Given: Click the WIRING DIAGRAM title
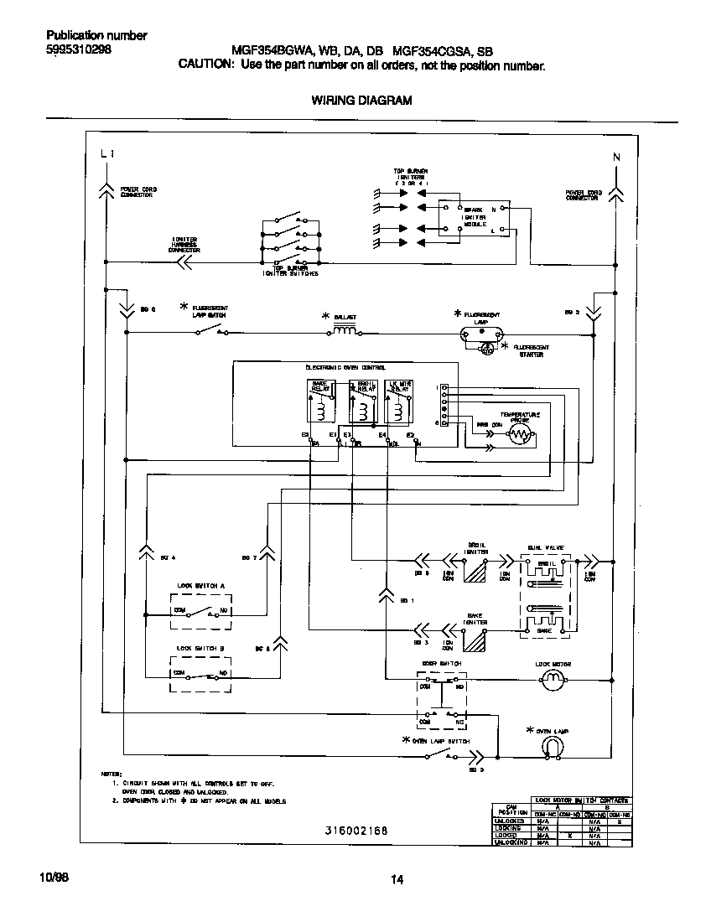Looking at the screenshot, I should click(x=361, y=101).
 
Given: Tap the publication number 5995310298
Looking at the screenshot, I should click(x=78, y=49).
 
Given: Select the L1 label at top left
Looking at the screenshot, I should click(x=106, y=154).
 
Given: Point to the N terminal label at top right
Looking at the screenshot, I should click(x=616, y=157).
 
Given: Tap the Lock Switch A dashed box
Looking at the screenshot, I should click(x=201, y=611).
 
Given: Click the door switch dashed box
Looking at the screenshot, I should click(x=441, y=701).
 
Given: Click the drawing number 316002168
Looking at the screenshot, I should click(x=356, y=831).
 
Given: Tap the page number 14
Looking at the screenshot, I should click(x=397, y=879).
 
